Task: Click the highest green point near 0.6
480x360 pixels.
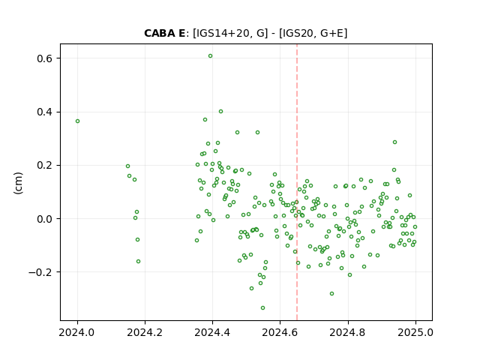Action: [x=210, y=56]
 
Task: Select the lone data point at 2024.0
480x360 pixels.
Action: [x=77, y=121]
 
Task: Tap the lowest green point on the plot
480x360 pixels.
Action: [x=262, y=308]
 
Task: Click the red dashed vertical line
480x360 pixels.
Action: [x=297, y=182]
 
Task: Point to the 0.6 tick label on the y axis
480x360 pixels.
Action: [x=44, y=58]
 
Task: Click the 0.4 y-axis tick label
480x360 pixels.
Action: [x=44, y=112]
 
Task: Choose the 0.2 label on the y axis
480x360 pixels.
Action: [x=44, y=165]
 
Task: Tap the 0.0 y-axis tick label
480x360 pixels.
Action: [x=44, y=219]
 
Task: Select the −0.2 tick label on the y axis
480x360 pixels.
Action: [x=40, y=272]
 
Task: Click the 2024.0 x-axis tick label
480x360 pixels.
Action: [x=76, y=332]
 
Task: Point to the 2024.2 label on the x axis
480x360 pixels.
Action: [x=145, y=332]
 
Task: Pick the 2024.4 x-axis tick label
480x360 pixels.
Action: [x=212, y=332]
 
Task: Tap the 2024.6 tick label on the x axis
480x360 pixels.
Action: [x=280, y=332]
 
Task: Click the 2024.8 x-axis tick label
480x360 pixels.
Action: [x=347, y=332]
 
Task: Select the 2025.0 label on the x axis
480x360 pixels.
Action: [x=415, y=332]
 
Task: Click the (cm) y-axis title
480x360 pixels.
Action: [x=18, y=183]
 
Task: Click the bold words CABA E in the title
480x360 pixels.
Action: [x=165, y=33]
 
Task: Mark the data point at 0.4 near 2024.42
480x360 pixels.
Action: [x=220, y=112]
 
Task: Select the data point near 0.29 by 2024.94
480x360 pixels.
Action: [x=395, y=142]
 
